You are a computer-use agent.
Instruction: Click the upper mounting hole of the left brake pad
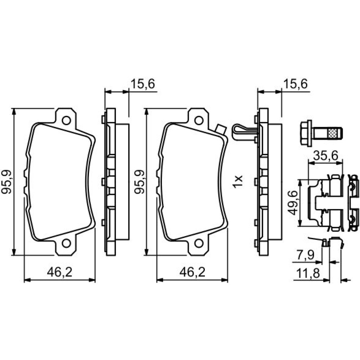pos(66,120)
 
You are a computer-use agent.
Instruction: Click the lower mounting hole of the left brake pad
pos(66,243)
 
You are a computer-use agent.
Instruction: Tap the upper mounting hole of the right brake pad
pos(199,120)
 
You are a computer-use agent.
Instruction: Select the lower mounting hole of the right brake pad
pos(199,243)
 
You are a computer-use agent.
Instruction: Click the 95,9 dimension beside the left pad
pos(6,181)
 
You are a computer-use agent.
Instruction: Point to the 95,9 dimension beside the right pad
pos(139,181)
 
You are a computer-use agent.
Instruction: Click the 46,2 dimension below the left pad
pos(60,273)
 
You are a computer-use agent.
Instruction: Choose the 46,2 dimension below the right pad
pos(192,273)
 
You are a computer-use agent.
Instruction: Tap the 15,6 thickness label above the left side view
pos(143,84)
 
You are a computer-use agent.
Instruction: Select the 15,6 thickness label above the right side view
pos(296,84)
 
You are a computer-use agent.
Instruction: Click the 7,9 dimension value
pos(306,255)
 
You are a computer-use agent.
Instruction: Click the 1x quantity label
pos(238,181)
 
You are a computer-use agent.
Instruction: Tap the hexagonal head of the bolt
pos(306,133)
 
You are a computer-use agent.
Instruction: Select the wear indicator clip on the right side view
pos(244,132)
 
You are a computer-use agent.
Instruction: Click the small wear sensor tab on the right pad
pos(220,129)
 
